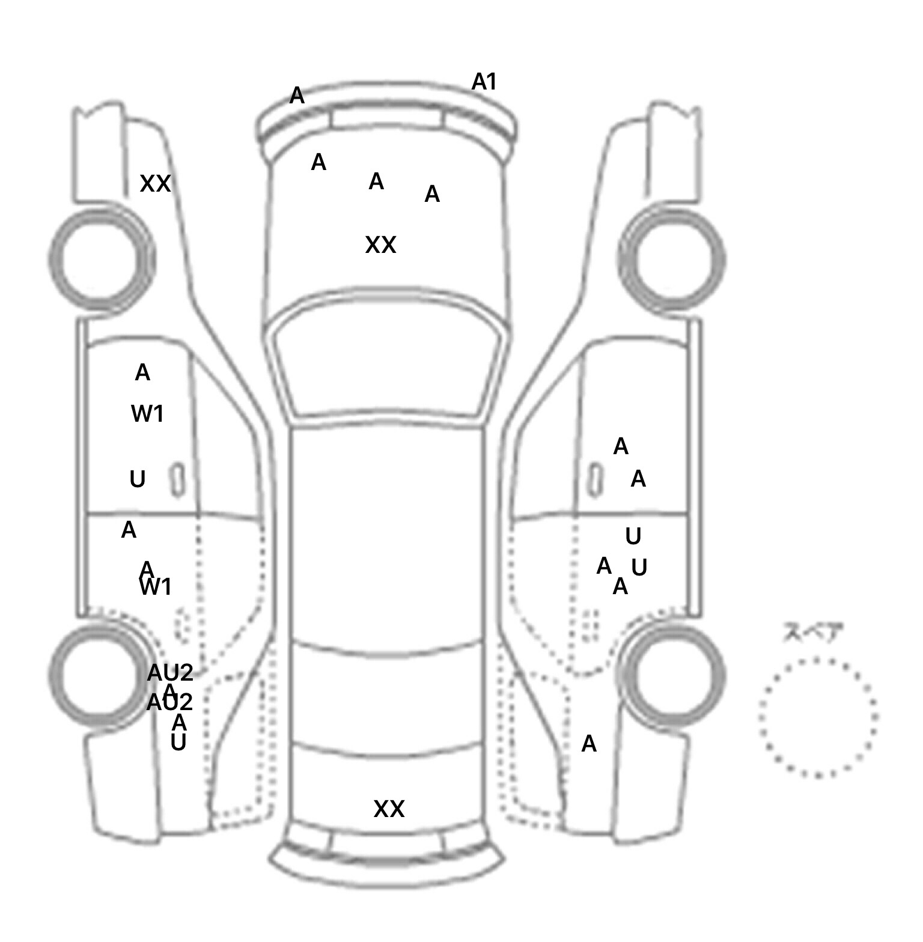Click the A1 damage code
click(x=484, y=82)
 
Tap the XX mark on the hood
click(x=380, y=245)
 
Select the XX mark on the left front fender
click(x=155, y=184)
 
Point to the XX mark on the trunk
click(x=389, y=809)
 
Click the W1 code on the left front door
click(x=147, y=414)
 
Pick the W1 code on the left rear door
click(x=156, y=587)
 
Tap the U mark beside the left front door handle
click(x=138, y=479)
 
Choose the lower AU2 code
click(x=169, y=702)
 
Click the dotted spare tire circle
click(x=817, y=717)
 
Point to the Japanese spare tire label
click(x=812, y=633)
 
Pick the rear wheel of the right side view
click(x=674, y=674)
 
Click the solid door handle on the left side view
click(x=177, y=480)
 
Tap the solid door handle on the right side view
click(x=594, y=480)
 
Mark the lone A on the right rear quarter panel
click(x=589, y=744)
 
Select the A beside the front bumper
click(x=297, y=96)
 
